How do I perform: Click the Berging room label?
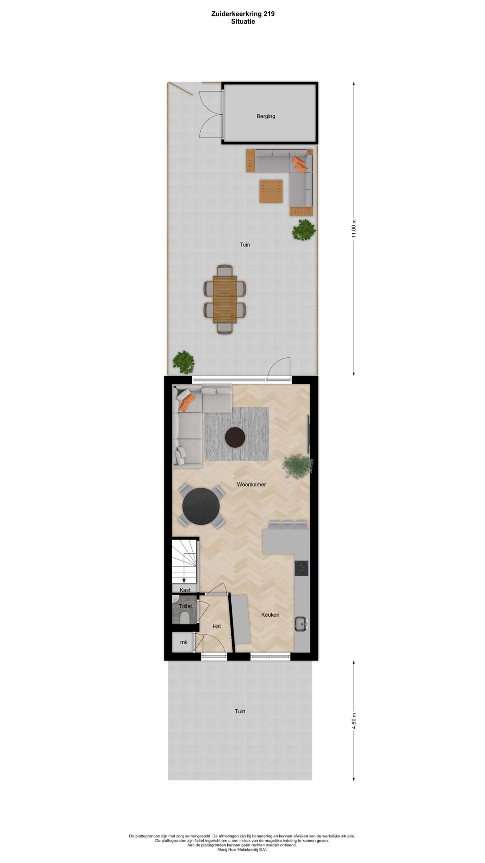pyautogui.click(x=266, y=116)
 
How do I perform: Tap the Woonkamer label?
pyautogui.click(x=251, y=485)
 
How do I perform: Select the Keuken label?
pyautogui.click(x=270, y=615)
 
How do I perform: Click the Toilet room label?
pyautogui.click(x=185, y=606)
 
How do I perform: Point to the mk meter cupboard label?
pyautogui.click(x=184, y=642)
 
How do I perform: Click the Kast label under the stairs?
pyautogui.click(x=185, y=590)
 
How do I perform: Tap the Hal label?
pyautogui.click(x=216, y=627)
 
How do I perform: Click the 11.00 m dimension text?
pyautogui.click(x=354, y=229)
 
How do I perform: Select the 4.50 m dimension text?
pyautogui.click(x=354, y=721)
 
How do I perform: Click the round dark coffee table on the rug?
pyautogui.click(x=235, y=437)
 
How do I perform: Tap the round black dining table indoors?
pyautogui.click(x=201, y=507)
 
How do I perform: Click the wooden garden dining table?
pyautogui.click(x=225, y=299)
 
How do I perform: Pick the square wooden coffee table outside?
pyautogui.click(x=271, y=191)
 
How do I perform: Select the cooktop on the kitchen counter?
pyautogui.click(x=301, y=569)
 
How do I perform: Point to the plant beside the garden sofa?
pyautogui.click(x=304, y=230)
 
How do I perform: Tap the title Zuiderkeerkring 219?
pyautogui.click(x=243, y=14)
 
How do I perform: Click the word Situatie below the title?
pyautogui.click(x=243, y=21)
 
